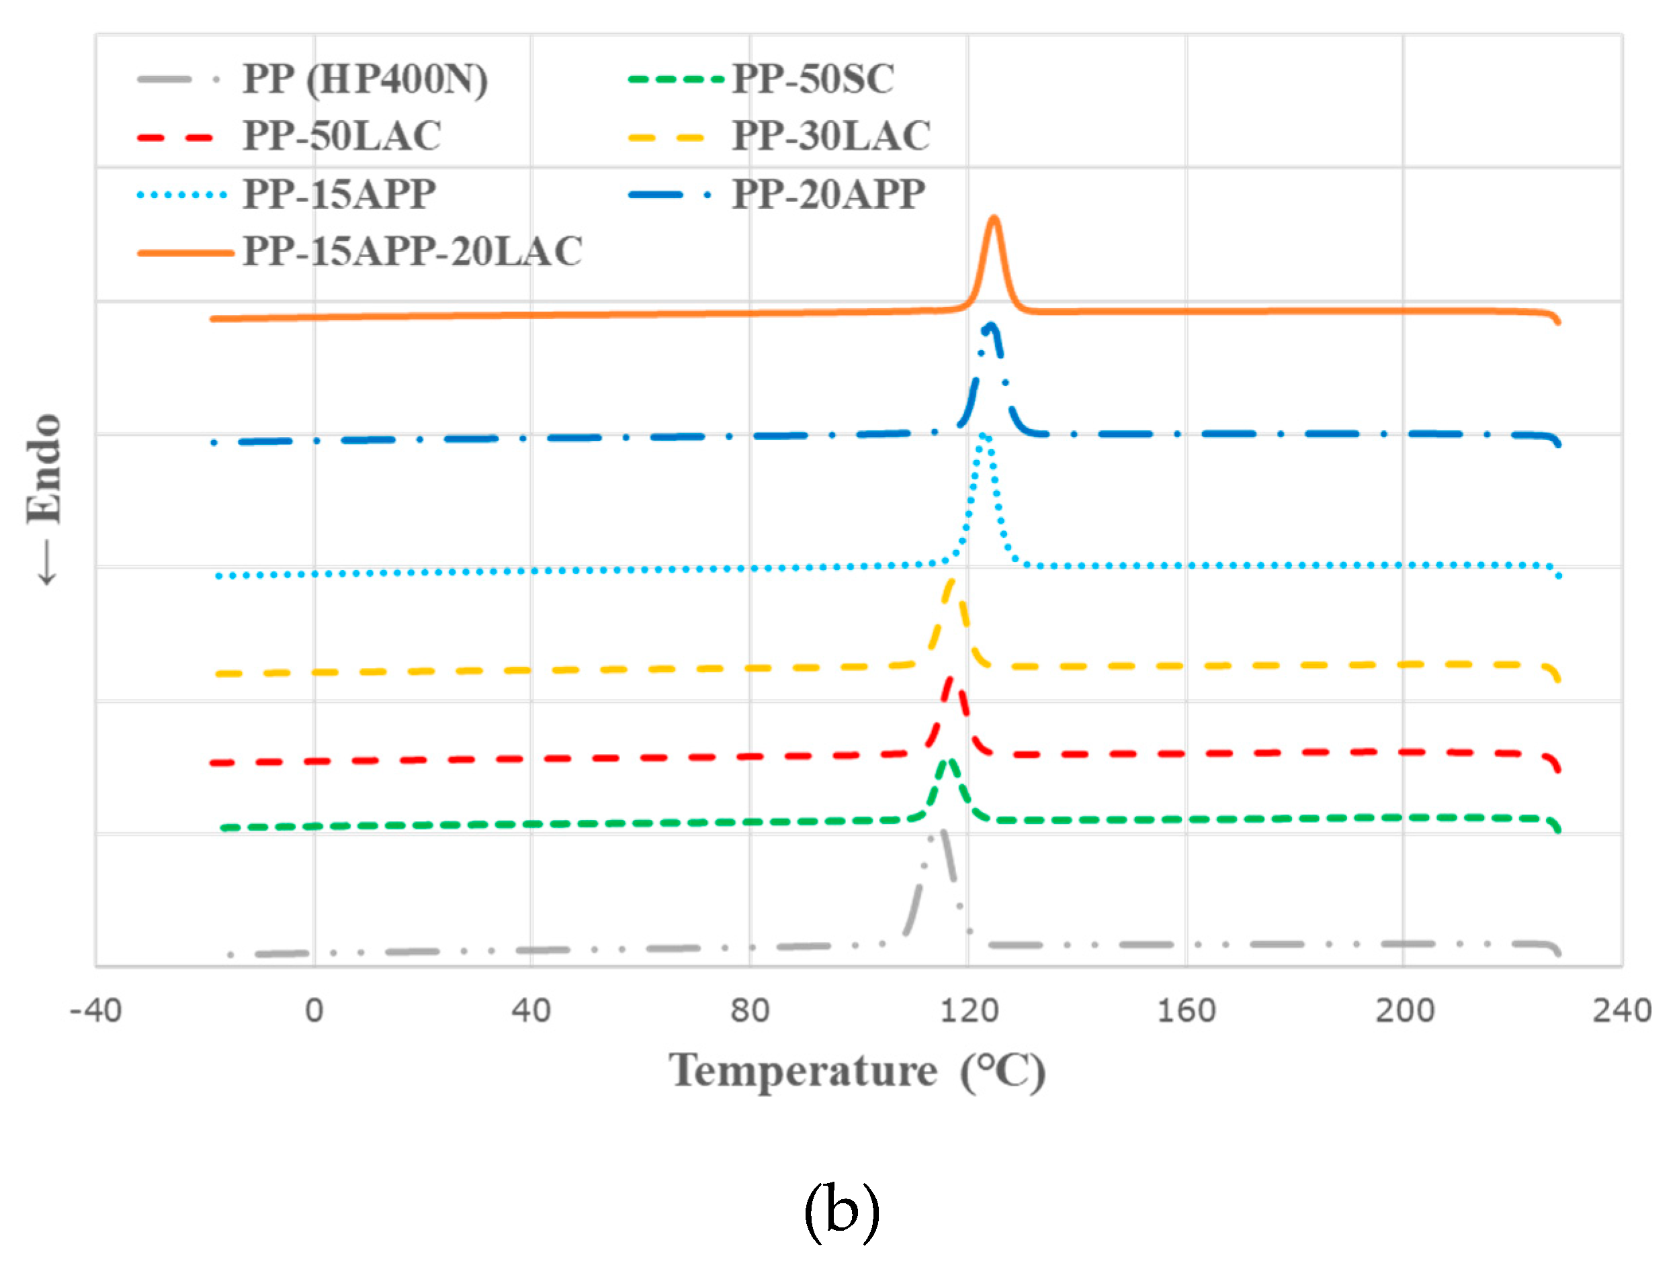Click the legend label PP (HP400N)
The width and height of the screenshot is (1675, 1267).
pyautogui.click(x=364, y=79)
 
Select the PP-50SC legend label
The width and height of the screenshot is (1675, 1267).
pyautogui.click(x=812, y=79)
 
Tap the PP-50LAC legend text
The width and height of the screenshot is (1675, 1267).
pyautogui.click(x=341, y=137)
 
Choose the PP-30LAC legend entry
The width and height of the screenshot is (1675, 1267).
pyautogui.click(x=830, y=137)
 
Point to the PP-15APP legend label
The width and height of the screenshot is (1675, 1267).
pyautogui.click(x=339, y=195)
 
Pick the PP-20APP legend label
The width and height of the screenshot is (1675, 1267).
pyautogui.click(x=828, y=195)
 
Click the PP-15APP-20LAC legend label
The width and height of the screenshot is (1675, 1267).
pyautogui.click(x=412, y=252)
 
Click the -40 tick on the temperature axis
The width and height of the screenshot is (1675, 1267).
pyautogui.click(x=95, y=1011)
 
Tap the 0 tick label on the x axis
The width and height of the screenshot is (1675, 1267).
pyautogui.click(x=314, y=1011)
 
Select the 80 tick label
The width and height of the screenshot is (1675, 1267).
pyautogui.click(x=750, y=1011)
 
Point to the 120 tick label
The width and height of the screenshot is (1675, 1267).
pyautogui.click(x=968, y=1011)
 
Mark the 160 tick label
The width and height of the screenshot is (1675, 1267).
pyautogui.click(x=1186, y=1011)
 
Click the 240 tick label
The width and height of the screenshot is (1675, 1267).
pyautogui.click(x=1622, y=1011)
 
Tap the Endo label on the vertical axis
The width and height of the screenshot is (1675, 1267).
pyautogui.click(x=44, y=469)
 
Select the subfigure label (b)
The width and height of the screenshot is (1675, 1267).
pyautogui.click(x=841, y=1209)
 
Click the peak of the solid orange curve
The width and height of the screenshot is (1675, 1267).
pyautogui.click(x=994, y=219)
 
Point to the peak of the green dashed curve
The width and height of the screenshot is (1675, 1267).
pyautogui.click(x=948, y=761)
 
